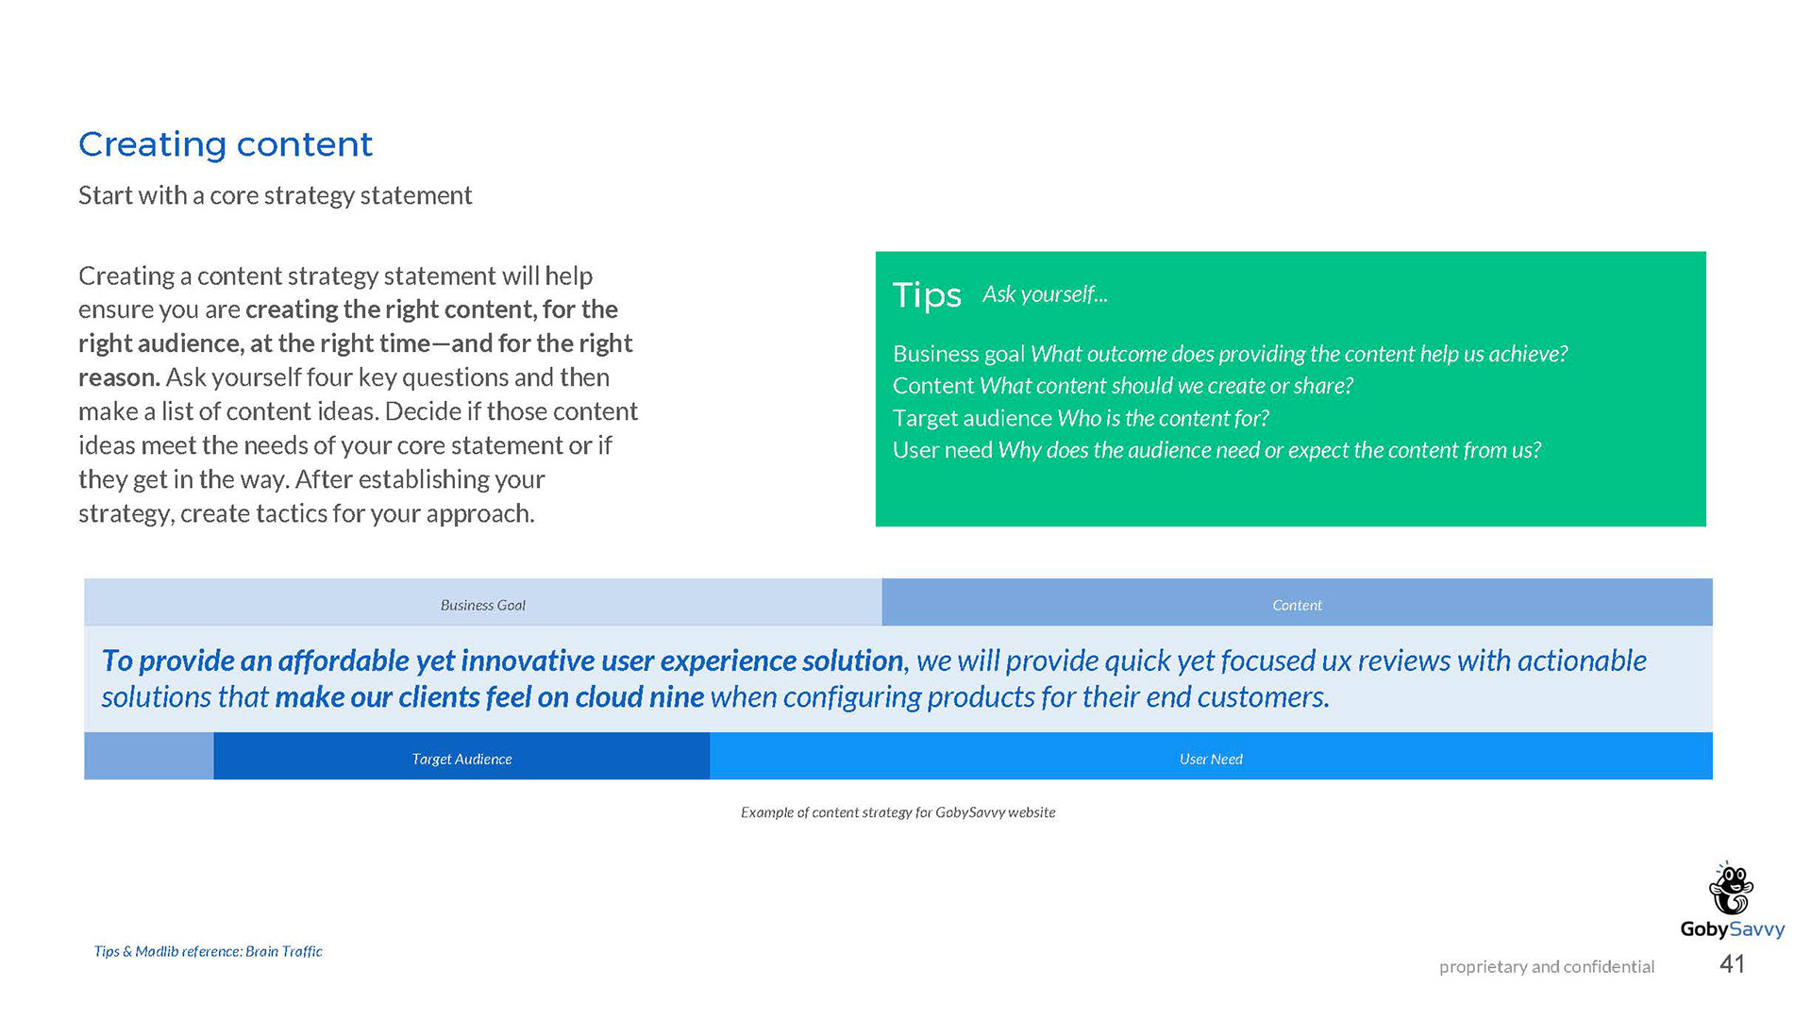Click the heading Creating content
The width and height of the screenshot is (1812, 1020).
pyautogui.click(x=226, y=144)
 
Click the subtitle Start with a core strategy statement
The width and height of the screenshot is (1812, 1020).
pyautogui.click(x=275, y=195)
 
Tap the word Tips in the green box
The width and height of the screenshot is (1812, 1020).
pyautogui.click(x=927, y=294)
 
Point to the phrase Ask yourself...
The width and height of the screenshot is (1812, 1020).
pyautogui.click(x=1045, y=294)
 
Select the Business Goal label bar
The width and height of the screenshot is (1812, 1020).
pyautogui.click(x=483, y=602)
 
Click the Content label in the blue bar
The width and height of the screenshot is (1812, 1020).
pyautogui.click(x=1297, y=605)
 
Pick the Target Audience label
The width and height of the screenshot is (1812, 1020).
pyautogui.click(x=461, y=759)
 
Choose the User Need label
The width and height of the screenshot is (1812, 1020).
pyautogui.click(x=1211, y=759)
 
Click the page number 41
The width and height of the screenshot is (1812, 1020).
pyautogui.click(x=1733, y=963)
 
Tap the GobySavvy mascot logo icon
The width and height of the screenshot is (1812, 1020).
pyautogui.click(x=1732, y=888)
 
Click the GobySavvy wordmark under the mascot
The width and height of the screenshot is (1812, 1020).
pyautogui.click(x=1733, y=929)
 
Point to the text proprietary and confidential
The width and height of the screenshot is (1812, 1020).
pyautogui.click(x=1547, y=966)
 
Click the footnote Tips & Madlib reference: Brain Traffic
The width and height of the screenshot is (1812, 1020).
pyautogui.click(x=208, y=951)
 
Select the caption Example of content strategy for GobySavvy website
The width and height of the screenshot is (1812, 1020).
pyautogui.click(x=898, y=812)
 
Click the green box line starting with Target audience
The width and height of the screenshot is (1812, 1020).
pyautogui.click(x=1081, y=418)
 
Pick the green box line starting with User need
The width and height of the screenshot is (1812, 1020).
pyautogui.click(x=1216, y=450)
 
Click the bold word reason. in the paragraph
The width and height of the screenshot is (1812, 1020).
pyautogui.click(x=119, y=377)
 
